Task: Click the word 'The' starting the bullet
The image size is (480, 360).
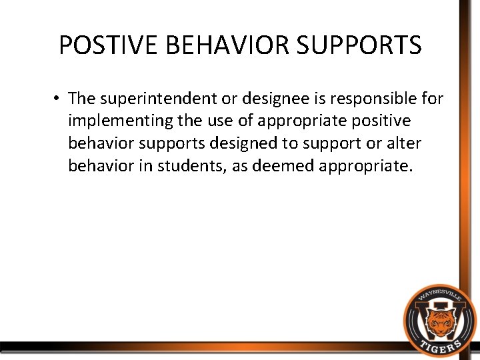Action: (82, 99)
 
